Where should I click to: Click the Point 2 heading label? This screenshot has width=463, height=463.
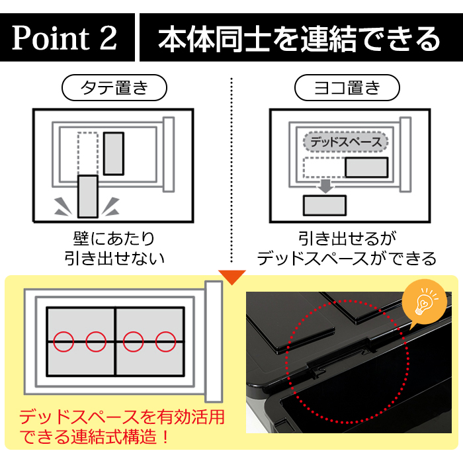tap(64, 38)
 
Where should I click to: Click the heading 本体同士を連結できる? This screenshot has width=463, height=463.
tap(299, 38)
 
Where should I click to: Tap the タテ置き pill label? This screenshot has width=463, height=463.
tap(114, 87)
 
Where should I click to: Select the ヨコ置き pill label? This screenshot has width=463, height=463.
tap(347, 87)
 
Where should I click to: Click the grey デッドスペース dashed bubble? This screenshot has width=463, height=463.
tap(345, 142)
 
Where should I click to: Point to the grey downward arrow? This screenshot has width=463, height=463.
tap(325, 185)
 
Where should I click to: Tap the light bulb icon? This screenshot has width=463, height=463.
tap(423, 301)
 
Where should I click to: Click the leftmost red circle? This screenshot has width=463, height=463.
tap(63, 342)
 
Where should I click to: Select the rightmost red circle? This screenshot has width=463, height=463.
tap(165, 342)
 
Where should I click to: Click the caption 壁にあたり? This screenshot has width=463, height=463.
tap(114, 239)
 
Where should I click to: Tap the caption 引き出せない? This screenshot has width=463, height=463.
tap(114, 258)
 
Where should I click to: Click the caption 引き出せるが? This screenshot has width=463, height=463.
tap(347, 239)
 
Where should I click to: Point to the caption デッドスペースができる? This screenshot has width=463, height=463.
tap(347, 258)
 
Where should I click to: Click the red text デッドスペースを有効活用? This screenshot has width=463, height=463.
tap(122, 417)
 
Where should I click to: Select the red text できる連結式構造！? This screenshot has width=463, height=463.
tap(95, 437)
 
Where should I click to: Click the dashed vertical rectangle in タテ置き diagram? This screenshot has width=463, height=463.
tap(88, 153)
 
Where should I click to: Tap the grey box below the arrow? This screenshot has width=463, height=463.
tap(325, 205)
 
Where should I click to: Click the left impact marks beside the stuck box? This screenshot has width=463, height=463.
tap(63, 206)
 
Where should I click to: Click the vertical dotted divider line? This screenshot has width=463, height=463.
tap(232, 170)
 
